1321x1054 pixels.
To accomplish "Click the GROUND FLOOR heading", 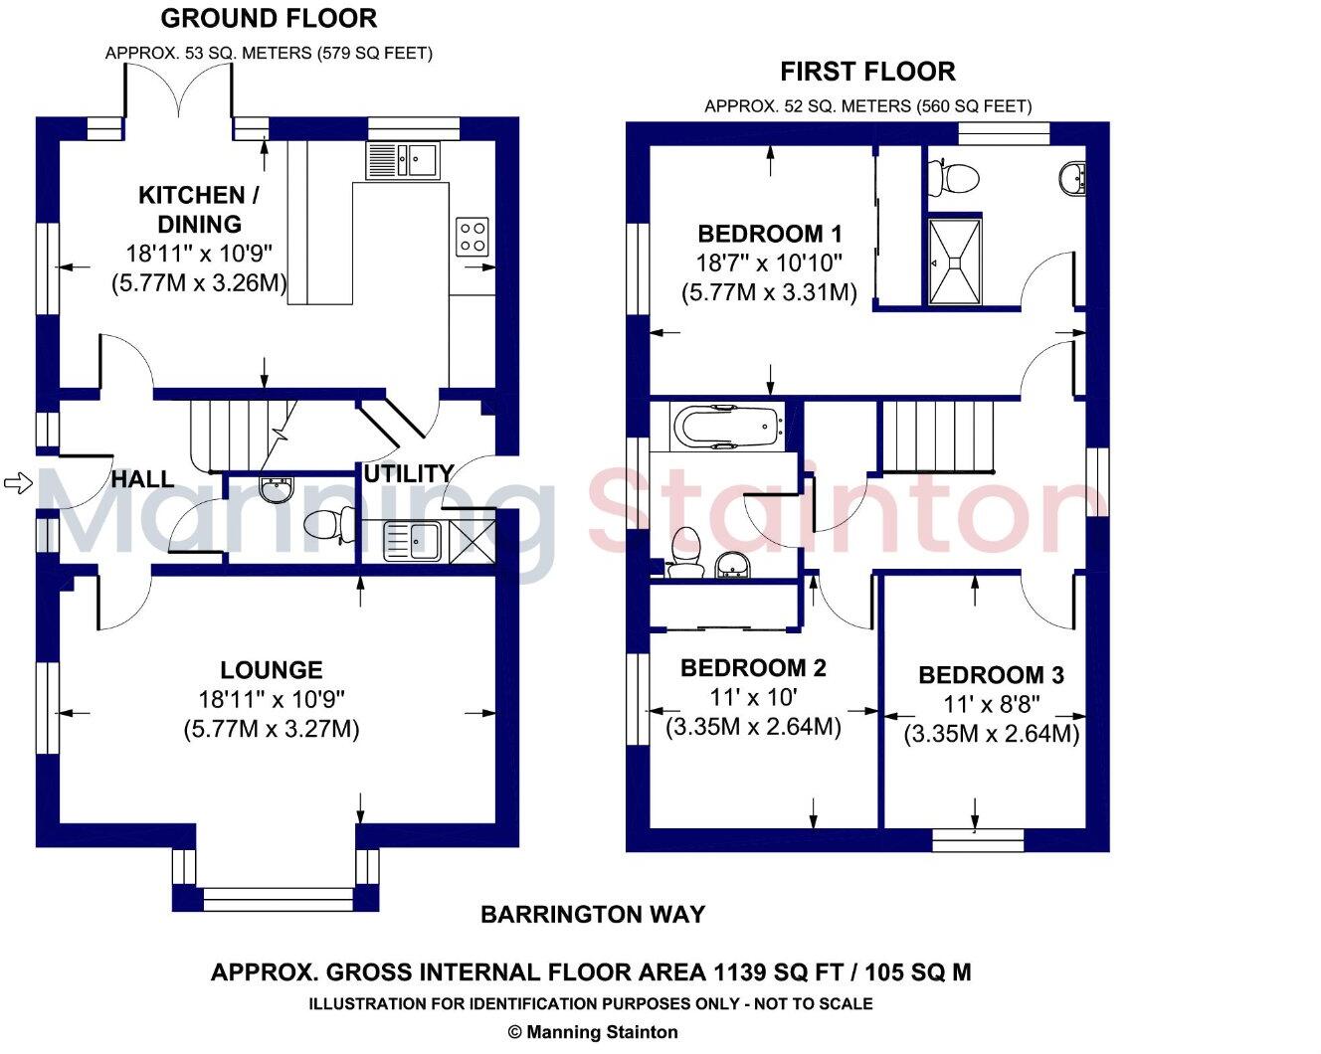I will pyautogui.click(x=269, y=18).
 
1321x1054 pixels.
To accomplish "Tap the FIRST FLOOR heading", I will pyautogui.click(x=867, y=72).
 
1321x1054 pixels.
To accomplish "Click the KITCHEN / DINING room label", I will pyautogui.click(x=191, y=209).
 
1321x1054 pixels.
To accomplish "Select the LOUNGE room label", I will pyautogui.click(x=271, y=670).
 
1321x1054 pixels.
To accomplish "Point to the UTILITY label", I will pyautogui.click(x=408, y=473).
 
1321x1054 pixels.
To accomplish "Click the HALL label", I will pyautogui.click(x=142, y=479).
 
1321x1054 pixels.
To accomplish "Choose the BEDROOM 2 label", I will pyautogui.click(x=753, y=668).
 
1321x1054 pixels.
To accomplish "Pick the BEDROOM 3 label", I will pyautogui.click(x=991, y=676).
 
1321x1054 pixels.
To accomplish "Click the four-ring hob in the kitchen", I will pyautogui.click(x=472, y=236).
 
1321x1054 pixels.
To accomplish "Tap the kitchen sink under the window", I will pyautogui.click(x=403, y=160).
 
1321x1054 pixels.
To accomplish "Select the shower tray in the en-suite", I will pyautogui.click(x=955, y=261).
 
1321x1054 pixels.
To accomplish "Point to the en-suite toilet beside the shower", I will pyautogui.click(x=954, y=179).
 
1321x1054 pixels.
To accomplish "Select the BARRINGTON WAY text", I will pyautogui.click(x=593, y=915).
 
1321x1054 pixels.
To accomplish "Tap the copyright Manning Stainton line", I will pyautogui.click(x=593, y=1032).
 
